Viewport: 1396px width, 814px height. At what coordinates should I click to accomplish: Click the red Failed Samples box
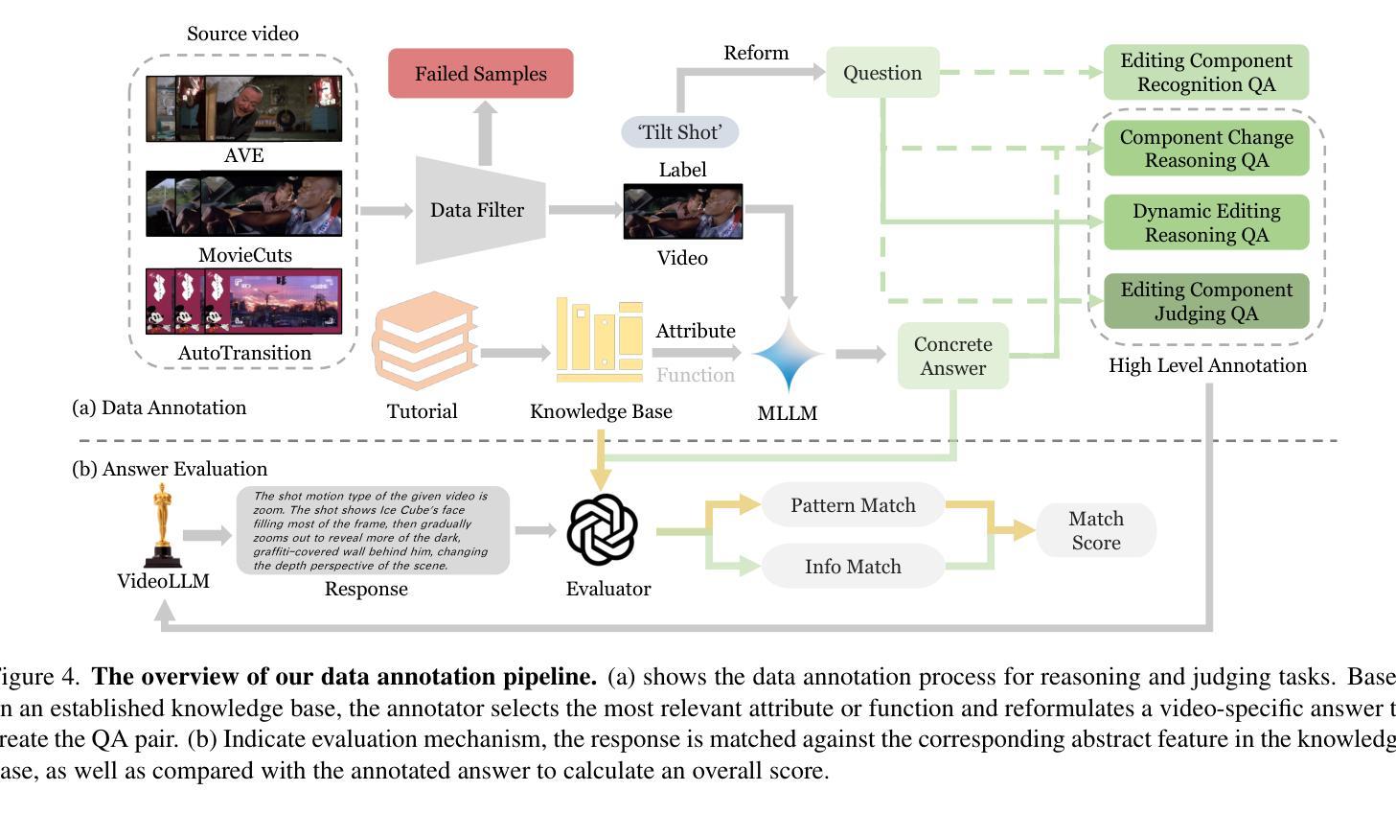(480, 74)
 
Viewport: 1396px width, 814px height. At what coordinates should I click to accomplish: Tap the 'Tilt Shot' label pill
(680, 132)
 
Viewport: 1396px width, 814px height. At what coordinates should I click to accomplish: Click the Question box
(882, 73)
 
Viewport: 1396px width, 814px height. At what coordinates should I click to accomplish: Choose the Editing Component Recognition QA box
(1205, 72)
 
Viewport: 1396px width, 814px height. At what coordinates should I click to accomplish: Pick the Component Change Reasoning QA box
(1205, 149)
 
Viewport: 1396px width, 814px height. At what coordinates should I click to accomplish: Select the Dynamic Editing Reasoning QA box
(1205, 222)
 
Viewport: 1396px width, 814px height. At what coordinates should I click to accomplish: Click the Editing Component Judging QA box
(1205, 301)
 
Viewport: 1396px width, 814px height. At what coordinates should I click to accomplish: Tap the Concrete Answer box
(952, 356)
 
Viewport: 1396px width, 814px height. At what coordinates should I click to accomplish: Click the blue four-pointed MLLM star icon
(789, 354)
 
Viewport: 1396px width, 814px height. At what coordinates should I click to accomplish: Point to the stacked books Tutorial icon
(424, 341)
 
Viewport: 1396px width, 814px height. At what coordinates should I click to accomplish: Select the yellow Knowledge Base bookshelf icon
(600, 340)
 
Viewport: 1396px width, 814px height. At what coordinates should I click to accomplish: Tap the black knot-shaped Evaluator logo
(602, 529)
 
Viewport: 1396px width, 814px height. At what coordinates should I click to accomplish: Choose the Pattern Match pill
(853, 505)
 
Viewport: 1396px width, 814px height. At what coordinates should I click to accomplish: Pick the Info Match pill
(853, 567)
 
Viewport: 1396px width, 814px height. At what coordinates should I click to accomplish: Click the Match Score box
(1095, 530)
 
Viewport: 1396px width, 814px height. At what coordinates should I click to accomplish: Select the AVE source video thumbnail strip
(243, 108)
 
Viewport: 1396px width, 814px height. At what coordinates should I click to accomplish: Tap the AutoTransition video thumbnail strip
(243, 301)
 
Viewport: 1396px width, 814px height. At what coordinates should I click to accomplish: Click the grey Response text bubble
(373, 530)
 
